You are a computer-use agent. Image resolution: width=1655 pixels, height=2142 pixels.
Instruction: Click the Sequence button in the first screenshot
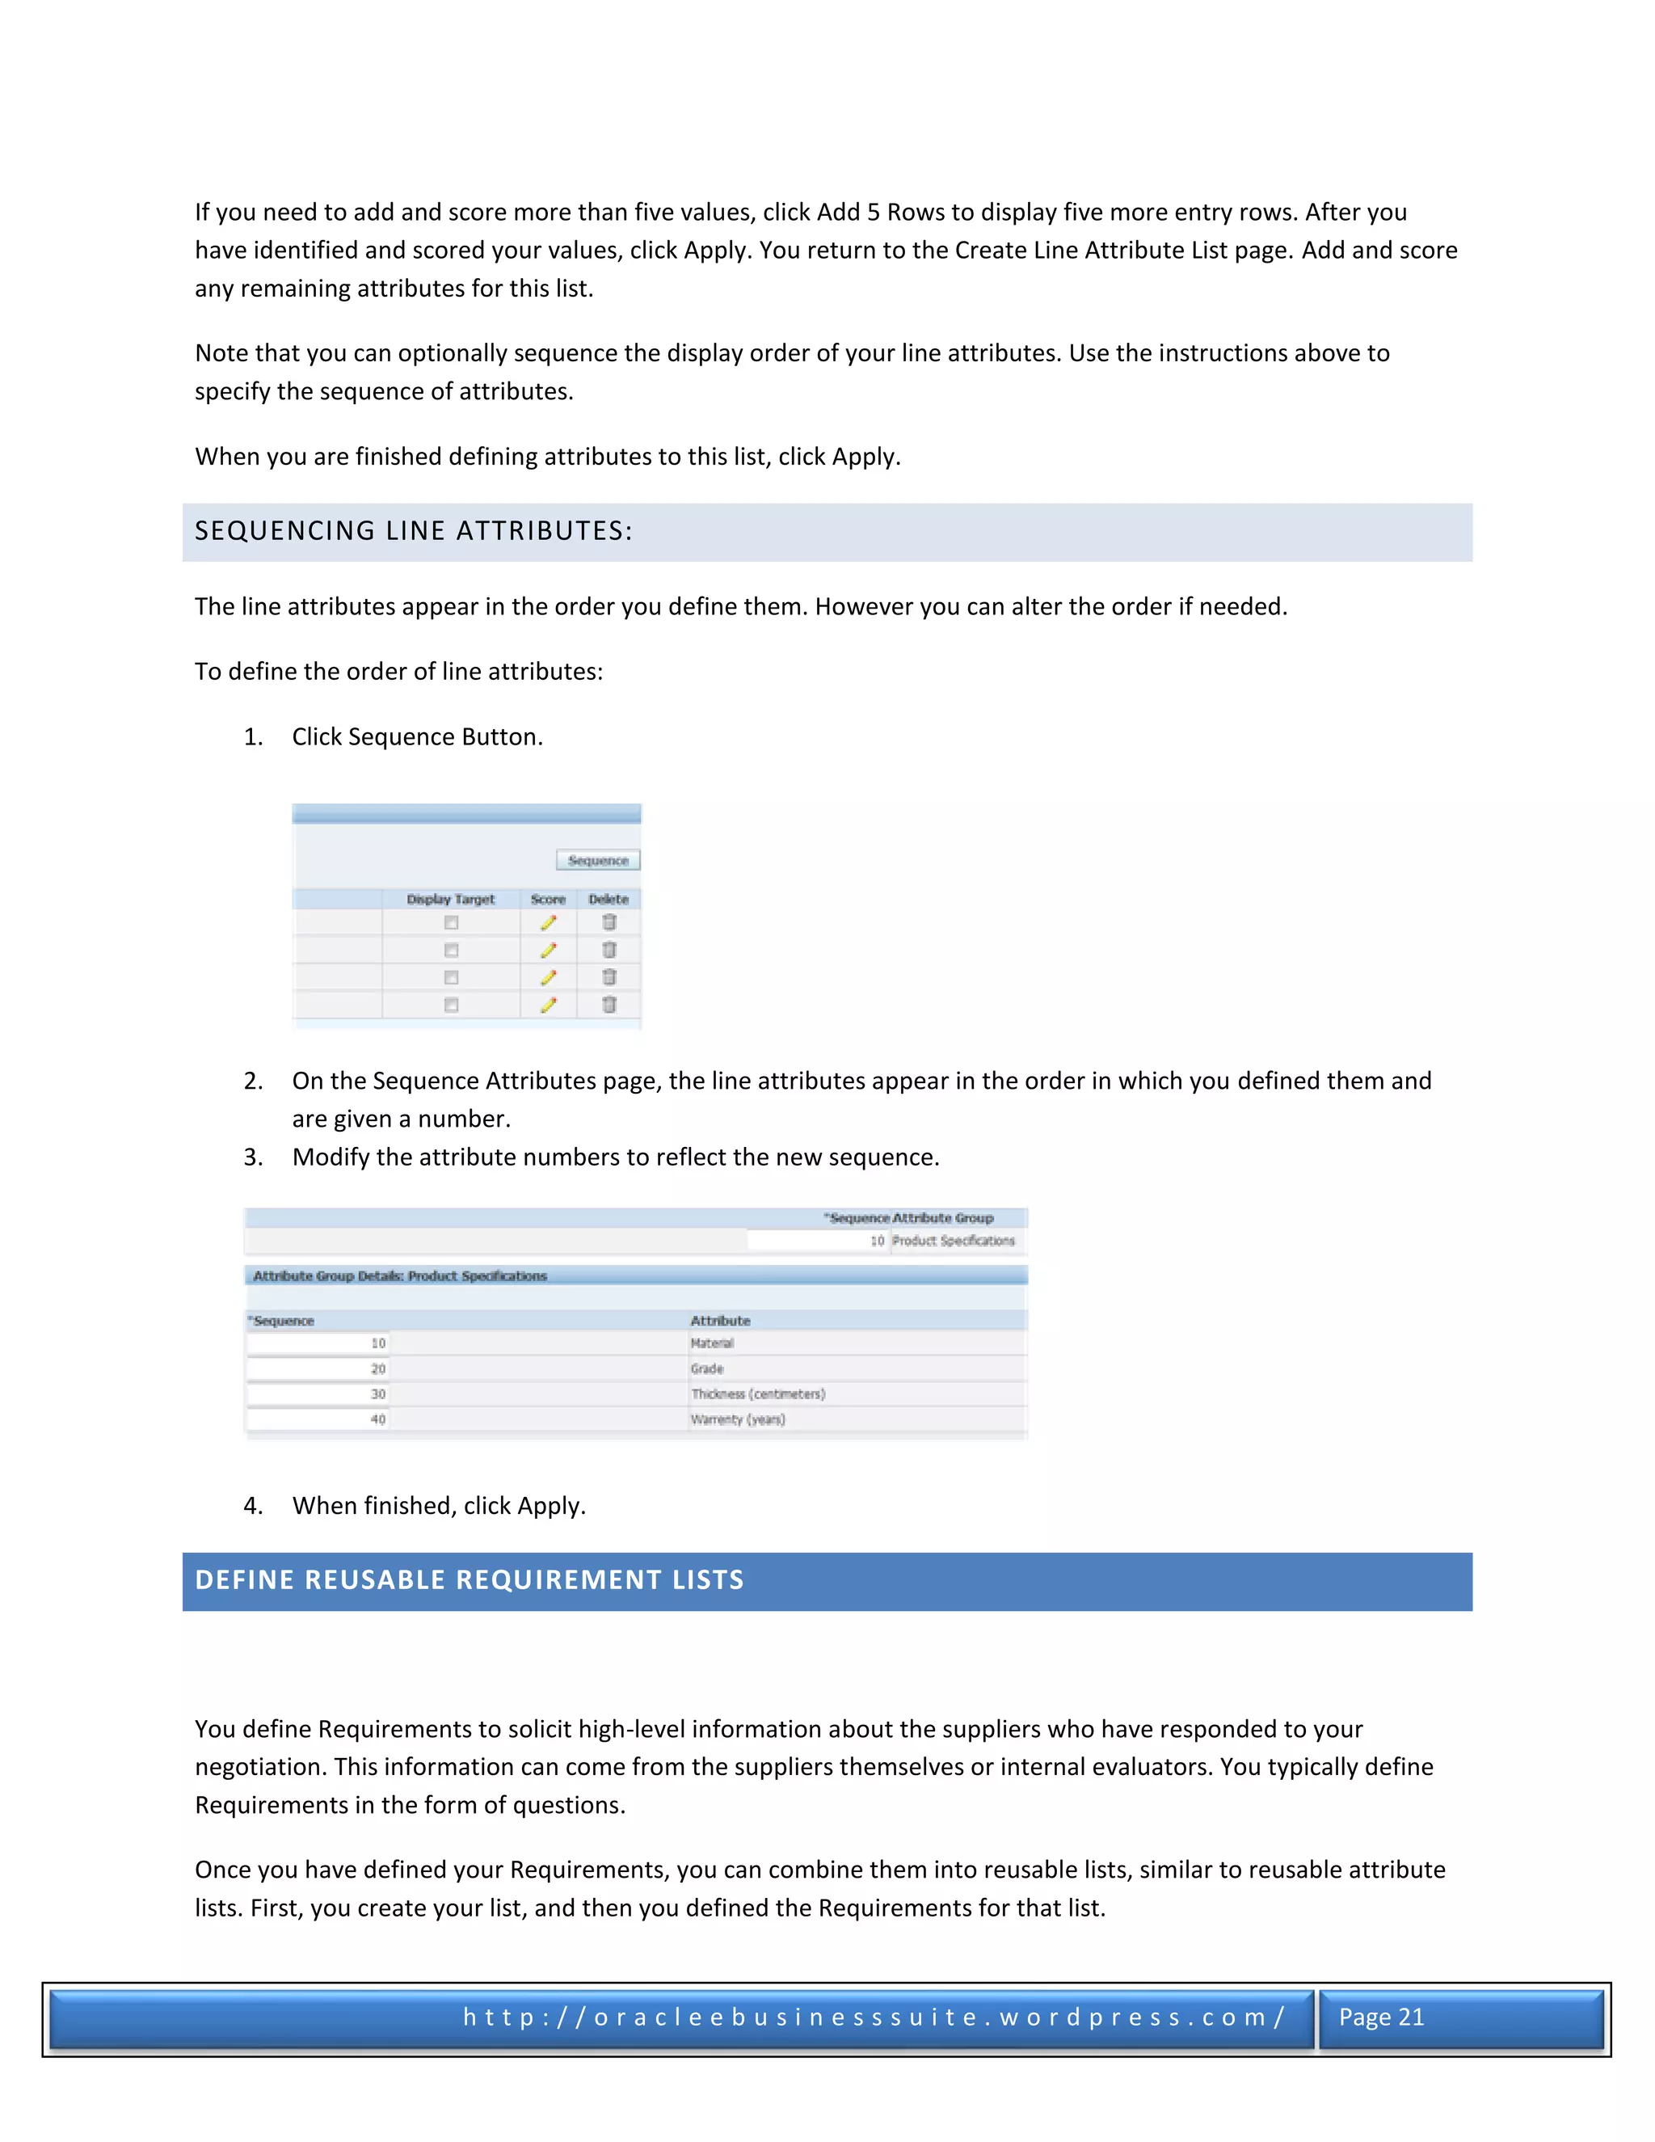point(598,860)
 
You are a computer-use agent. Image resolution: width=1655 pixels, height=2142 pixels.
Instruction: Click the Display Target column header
point(450,900)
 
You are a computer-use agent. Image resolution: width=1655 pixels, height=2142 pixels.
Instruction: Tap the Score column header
point(548,900)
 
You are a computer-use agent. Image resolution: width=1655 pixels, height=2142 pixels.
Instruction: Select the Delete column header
point(608,900)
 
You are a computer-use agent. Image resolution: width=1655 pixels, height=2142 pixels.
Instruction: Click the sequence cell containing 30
point(318,1394)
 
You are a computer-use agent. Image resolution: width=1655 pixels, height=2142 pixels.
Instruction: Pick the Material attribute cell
point(712,1343)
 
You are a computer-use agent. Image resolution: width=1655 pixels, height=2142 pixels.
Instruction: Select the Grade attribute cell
point(707,1368)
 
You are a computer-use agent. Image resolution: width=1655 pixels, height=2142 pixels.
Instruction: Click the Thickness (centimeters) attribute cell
point(758,1394)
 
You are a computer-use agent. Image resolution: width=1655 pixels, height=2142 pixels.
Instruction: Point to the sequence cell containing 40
point(318,1419)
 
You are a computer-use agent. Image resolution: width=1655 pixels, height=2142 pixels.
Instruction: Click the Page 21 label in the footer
point(1380,2017)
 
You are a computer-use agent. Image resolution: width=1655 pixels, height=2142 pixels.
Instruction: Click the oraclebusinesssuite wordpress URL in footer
point(874,2017)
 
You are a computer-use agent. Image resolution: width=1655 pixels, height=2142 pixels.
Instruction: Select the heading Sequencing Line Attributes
point(413,530)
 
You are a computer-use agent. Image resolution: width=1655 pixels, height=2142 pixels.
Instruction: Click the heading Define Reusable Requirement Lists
point(469,1580)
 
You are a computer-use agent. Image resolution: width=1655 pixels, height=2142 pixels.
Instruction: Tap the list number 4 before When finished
point(253,1506)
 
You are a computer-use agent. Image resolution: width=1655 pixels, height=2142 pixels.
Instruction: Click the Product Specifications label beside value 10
point(953,1241)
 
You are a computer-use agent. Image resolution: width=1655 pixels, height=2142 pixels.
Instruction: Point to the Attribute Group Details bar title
point(400,1276)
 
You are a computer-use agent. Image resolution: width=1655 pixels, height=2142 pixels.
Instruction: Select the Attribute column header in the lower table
point(720,1321)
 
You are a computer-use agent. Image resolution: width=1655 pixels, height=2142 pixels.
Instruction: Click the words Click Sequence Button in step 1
point(417,736)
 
